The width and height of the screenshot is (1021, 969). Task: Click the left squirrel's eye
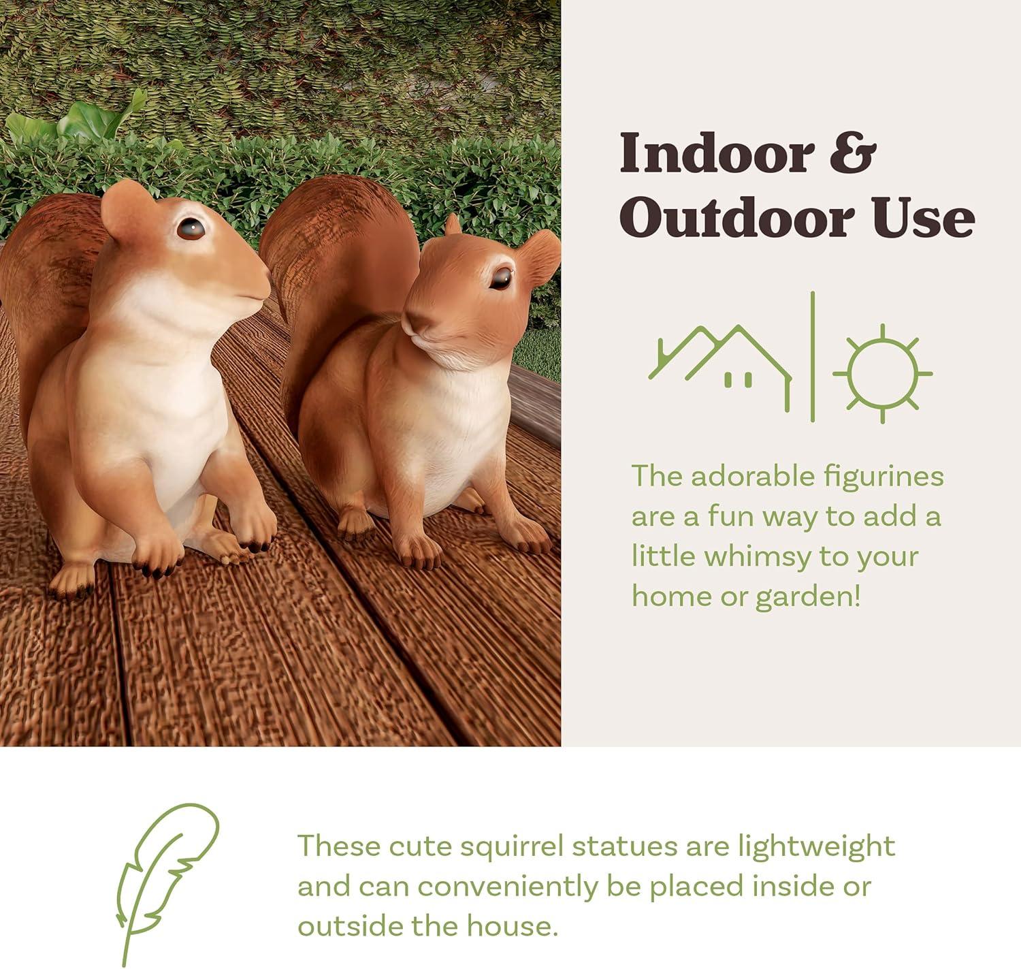[x=191, y=229]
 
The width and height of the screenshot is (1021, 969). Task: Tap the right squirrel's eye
[x=501, y=278]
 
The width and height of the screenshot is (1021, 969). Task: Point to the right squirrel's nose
[x=413, y=319]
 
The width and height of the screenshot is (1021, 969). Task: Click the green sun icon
[x=882, y=373]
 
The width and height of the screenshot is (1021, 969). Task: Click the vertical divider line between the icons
[x=813, y=357]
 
